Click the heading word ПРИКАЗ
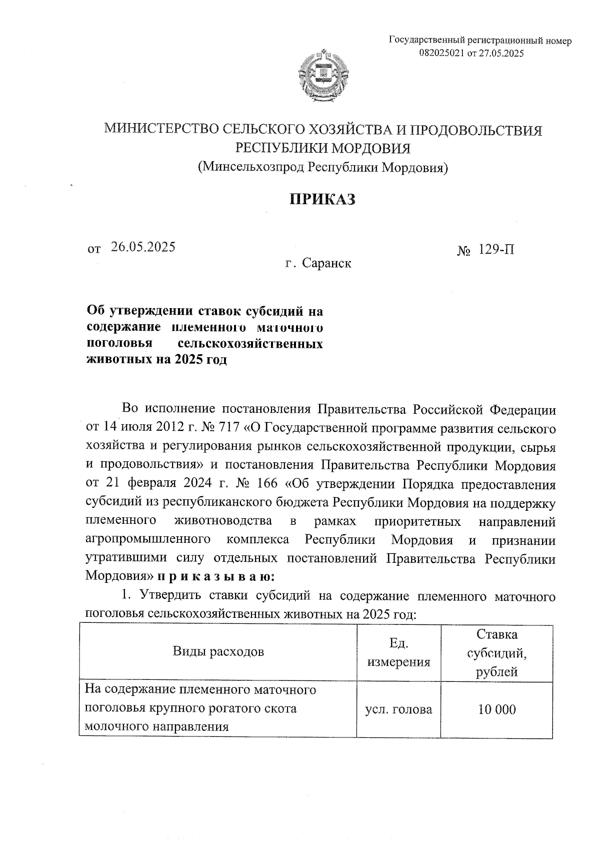click(322, 199)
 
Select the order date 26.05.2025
click(143, 247)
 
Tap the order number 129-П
click(496, 249)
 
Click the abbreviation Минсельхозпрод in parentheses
click(251, 167)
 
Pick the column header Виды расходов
click(218, 652)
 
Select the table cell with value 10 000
click(496, 709)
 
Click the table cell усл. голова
click(398, 709)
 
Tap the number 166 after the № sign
click(268, 485)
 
